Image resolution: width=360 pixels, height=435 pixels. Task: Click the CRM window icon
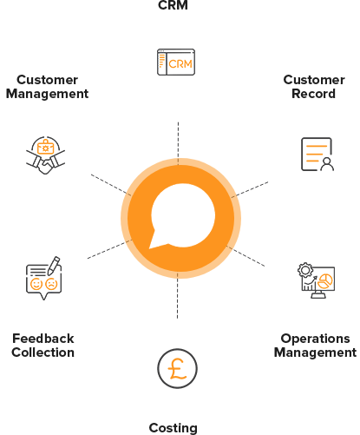point(176,63)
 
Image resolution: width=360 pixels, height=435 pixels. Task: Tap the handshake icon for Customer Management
point(45,155)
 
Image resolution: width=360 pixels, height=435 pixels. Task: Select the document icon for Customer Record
point(317,155)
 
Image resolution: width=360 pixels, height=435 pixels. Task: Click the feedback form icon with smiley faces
point(43,278)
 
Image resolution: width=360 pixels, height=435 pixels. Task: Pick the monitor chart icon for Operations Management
point(316,280)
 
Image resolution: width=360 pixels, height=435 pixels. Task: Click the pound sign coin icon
point(177,368)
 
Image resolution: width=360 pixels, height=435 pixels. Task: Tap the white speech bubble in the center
point(183,216)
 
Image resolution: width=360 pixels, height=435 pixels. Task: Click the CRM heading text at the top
point(173,5)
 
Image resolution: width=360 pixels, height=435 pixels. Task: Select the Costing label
point(173,428)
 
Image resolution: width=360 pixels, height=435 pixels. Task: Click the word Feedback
point(43,339)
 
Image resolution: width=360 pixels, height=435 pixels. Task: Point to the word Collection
point(43,353)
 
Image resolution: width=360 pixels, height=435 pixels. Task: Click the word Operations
point(315,339)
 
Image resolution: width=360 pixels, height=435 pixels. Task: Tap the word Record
point(314,94)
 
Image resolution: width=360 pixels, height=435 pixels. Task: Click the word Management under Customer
point(47,94)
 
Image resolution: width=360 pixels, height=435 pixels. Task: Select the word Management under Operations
point(315,353)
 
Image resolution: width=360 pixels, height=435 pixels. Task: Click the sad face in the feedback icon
point(51,284)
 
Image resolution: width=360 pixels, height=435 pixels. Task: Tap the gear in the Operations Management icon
point(305,270)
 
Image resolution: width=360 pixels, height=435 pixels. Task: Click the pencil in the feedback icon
point(54,266)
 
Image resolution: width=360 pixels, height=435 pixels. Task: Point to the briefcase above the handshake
point(46,147)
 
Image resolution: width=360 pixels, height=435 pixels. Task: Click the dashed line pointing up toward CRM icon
point(178,144)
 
